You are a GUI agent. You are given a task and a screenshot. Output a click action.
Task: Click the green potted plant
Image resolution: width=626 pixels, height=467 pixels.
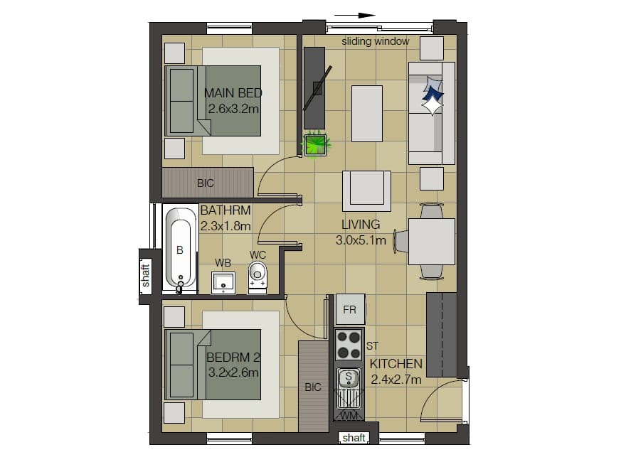point(315,144)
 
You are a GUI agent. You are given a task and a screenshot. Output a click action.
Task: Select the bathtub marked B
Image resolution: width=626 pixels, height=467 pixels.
point(180,250)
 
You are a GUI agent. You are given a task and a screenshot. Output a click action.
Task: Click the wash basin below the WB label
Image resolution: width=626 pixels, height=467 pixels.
point(223,282)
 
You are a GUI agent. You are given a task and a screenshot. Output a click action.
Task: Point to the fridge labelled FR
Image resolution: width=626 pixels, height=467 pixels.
point(350,309)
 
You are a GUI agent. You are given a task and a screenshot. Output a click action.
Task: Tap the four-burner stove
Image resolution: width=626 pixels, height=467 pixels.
point(349,345)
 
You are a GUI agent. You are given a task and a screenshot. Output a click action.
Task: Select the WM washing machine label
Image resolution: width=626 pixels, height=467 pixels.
point(349,416)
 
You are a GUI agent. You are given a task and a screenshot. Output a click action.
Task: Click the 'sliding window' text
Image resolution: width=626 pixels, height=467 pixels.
point(376,41)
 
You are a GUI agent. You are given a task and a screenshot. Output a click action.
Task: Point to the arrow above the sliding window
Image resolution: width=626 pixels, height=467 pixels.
point(354,16)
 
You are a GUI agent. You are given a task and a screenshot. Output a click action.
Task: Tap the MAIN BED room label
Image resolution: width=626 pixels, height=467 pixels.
point(233,93)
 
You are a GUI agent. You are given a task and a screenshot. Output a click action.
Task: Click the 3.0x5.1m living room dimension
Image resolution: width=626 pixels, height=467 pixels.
point(361,240)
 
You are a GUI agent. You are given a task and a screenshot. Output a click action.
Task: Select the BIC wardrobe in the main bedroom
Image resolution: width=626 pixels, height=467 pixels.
point(208,183)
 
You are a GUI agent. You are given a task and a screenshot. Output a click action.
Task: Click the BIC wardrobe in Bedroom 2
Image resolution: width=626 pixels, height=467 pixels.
point(314,387)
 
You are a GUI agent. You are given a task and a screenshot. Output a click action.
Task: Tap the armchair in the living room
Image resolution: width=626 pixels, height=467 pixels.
point(366,191)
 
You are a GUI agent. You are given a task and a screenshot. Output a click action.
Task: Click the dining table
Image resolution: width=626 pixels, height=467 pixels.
point(432,242)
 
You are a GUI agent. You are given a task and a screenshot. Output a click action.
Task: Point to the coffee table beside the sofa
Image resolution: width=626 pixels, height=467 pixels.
point(367,114)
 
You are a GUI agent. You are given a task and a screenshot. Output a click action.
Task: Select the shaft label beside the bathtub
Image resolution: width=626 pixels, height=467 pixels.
point(145,275)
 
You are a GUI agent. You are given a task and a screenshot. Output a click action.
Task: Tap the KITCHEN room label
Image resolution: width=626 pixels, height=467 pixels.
point(396,364)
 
